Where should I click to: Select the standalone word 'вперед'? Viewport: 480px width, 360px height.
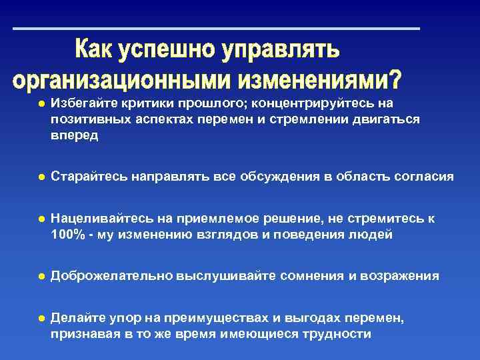pos(74,135)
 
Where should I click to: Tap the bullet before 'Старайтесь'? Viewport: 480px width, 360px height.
pos(41,177)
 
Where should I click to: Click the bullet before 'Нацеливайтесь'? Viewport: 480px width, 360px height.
pos(41,219)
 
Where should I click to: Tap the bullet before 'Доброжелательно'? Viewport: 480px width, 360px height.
pos(41,276)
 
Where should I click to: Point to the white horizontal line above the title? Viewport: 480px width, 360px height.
pos(217,29)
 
